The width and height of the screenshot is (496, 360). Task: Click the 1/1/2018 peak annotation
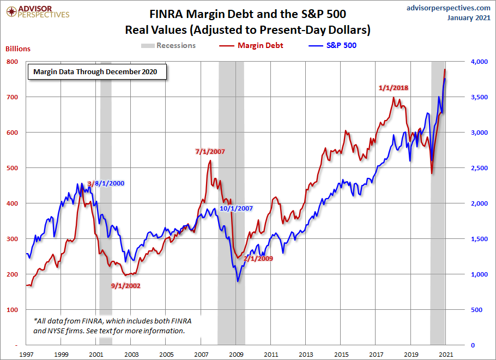[394, 88]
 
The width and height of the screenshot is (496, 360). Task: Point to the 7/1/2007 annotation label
[210, 151]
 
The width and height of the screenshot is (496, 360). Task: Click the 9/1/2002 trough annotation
[125, 285]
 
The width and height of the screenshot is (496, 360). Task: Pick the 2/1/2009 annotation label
[258, 258]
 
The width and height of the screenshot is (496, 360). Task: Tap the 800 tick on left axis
[11, 62]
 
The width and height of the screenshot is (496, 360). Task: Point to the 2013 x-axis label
[306, 355]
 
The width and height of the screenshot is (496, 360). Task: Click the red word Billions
[18, 49]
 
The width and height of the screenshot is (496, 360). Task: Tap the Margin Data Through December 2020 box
[97, 71]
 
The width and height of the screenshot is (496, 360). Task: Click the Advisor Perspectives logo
[36, 11]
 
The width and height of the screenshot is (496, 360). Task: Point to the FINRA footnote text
[112, 326]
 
